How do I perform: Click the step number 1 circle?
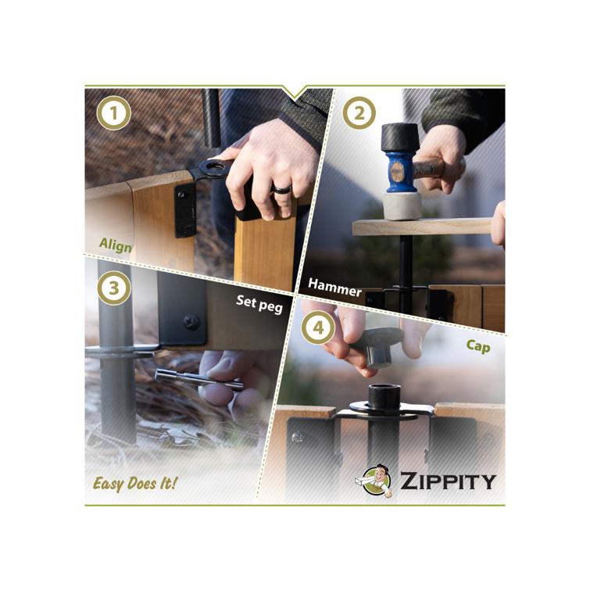114,115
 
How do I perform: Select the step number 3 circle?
114,288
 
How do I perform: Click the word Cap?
477,345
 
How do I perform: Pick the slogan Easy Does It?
134,483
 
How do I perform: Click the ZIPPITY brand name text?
447,481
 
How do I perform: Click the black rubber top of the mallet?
400,138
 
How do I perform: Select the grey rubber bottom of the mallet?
402,206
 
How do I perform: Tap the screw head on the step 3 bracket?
191,320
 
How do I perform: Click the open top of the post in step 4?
385,391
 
